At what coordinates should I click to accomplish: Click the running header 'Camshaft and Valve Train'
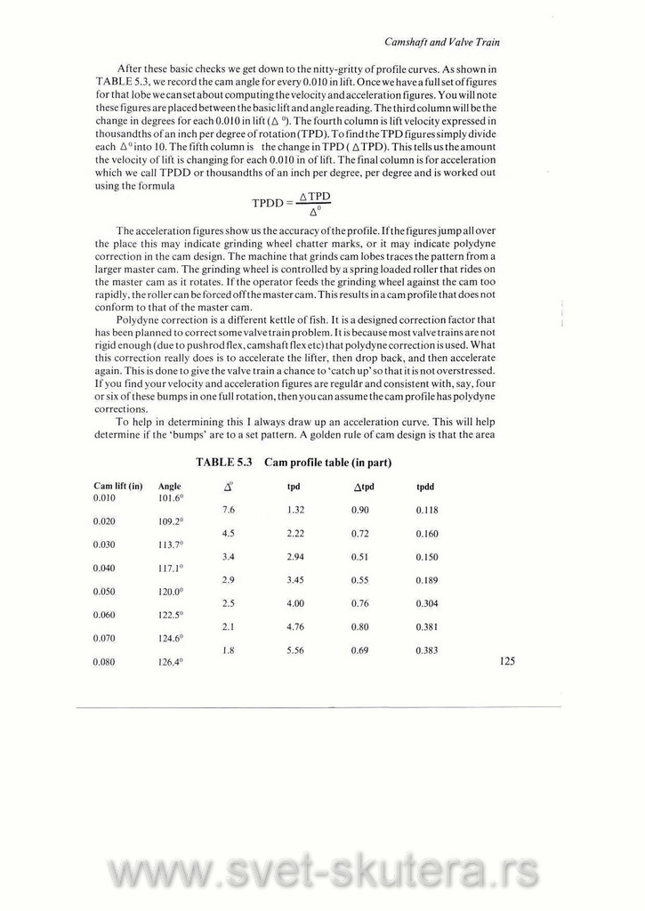click(447, 42)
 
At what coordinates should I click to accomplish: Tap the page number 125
click(507, 661)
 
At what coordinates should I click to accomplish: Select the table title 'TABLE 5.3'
click(224, 463)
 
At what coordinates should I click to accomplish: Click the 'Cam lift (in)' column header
click(117, 487)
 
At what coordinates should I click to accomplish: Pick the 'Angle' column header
click(169, 487)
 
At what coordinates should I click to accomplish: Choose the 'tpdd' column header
click(425, 487)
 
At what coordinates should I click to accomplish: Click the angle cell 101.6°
click(170, 499)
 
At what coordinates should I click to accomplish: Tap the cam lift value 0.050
click(105, 591)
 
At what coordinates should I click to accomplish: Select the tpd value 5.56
click(296, 650)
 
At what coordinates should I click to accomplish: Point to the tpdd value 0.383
click(426, 650)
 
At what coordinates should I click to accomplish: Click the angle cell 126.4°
click(171, 663)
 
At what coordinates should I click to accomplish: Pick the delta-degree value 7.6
click(227, 510)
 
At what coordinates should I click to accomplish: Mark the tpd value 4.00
click(296, 603)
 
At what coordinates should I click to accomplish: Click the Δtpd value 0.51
click(360, 556)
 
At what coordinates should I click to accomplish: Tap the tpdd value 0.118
click(426, 510)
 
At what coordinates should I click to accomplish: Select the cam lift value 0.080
click(105, 662)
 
